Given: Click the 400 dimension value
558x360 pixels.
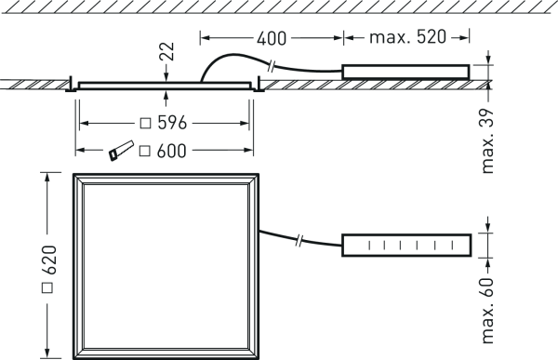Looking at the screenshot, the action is (x=272, y=38).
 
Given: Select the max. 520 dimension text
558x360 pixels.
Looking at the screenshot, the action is (x=408, y=37).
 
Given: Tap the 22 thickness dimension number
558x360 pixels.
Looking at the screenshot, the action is (x=167, y=52).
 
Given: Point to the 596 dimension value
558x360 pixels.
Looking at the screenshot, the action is (x=172, y=123).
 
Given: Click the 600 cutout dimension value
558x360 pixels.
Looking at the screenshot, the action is (x=171, y=151).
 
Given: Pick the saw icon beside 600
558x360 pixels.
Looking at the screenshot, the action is (x=121, y=151).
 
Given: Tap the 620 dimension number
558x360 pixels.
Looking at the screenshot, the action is (x=49, y=260).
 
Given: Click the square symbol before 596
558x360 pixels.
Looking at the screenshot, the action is (x=146, y=123).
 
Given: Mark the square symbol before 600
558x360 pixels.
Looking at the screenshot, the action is (x=144, y=151).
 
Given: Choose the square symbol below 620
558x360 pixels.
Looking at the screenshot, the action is (x=47, y=287).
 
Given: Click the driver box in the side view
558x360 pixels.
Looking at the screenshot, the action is (x=405, y=72).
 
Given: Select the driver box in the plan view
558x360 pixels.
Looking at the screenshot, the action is (x=406, y=246).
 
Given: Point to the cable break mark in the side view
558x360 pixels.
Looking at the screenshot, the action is (x=272, y=67).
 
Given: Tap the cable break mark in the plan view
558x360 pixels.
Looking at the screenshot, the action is (x=299, y=240).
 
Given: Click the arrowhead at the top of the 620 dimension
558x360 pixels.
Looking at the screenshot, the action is (x=46, y=177).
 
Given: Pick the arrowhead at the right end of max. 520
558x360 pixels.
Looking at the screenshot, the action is (x=464, y=37).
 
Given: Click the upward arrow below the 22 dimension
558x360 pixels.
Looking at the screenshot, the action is (x=166, y=96).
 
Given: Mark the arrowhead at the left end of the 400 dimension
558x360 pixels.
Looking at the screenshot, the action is (x=205, y=37).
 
